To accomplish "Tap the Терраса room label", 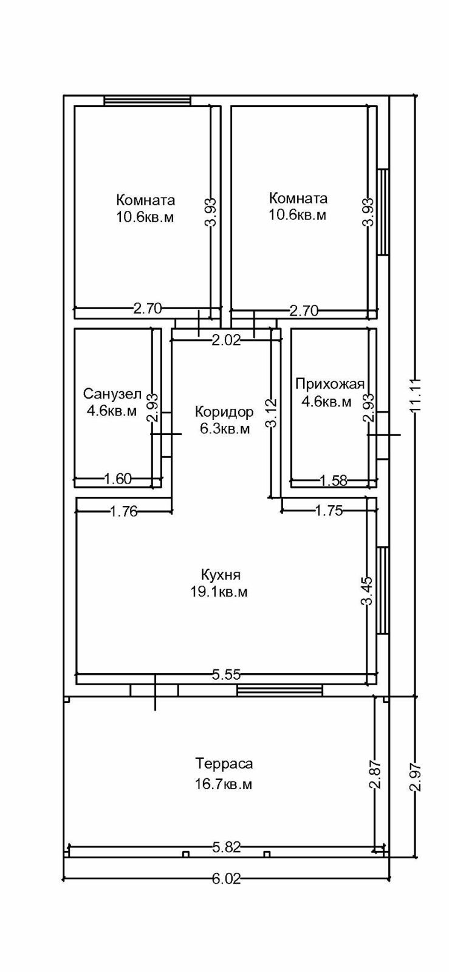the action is coord(224,764).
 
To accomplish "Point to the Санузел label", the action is coord(112,393).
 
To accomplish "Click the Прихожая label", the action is coord(330,383).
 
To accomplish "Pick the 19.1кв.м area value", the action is coord(219,592).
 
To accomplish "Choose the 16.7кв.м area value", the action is coord(224,784).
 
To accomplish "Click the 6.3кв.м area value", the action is coord(225,430).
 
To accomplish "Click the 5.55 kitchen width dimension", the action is coord(226,674).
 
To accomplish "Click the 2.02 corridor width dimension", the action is coord(226,340).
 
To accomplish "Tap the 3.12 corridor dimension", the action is coord(272,413).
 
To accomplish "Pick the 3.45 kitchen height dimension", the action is coord(367,591).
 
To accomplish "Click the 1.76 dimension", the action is coord(124,512).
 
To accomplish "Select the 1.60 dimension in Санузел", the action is coord(118,479).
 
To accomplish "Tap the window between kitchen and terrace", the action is coord(279,690).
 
